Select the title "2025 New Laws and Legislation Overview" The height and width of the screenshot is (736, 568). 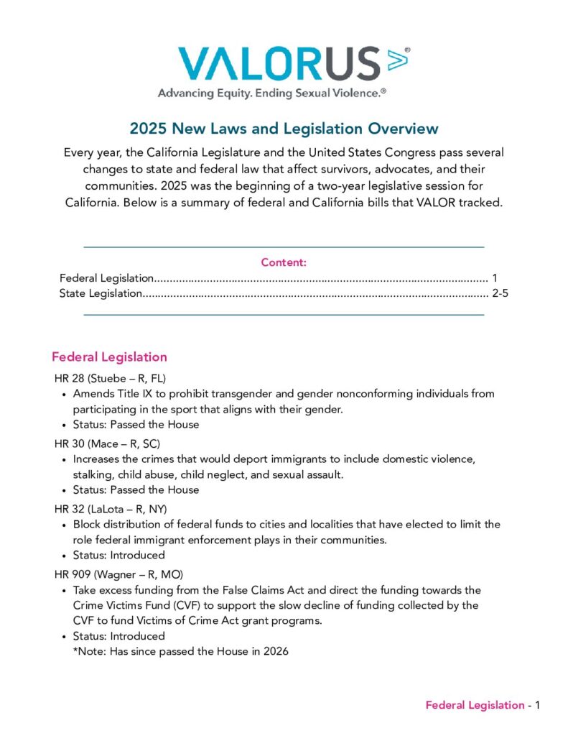pos(284,129)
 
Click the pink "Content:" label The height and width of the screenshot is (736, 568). pos(284,262)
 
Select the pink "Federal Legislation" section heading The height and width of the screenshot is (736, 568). pos(109,356)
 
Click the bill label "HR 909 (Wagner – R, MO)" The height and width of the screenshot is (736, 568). pos(118,574)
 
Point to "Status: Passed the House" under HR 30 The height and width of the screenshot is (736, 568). pos(136,489)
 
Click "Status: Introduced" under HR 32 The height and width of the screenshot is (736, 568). pos(118,555)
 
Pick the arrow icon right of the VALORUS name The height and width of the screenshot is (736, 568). pos(397,60)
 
